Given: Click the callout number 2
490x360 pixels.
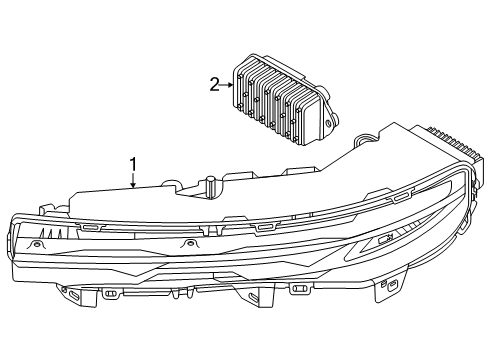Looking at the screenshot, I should (x=213, y=85).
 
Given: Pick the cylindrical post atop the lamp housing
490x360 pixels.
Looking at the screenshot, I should (x=211, y=184).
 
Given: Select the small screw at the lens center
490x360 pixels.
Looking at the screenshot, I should (x=186, y=244).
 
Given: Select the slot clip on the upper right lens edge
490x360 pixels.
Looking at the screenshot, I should (x=400, y=197).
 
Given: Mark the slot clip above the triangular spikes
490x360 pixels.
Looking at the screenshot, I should (x=89, y=226).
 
